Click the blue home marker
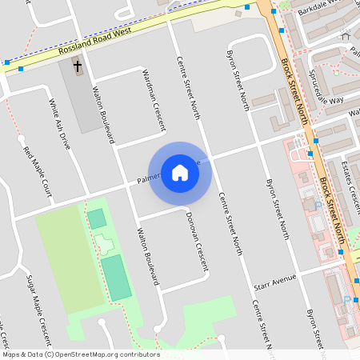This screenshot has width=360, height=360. coord(180,172)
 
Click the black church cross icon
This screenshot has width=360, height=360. coord(78,67)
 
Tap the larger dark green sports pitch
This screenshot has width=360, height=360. coord(116,278)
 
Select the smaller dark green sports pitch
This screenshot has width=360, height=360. coord(97,218)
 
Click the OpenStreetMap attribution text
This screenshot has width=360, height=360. coord(81,354)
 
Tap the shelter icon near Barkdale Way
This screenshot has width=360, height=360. coord(346,35)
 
